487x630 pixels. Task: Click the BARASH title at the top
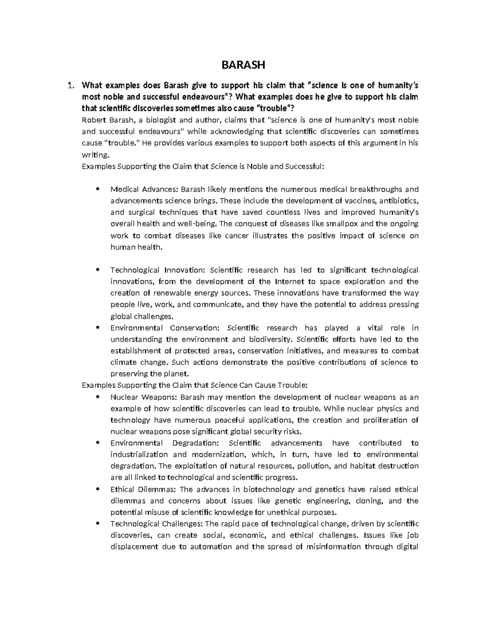tap(243, 65)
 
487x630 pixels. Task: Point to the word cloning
tap(370, 501)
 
